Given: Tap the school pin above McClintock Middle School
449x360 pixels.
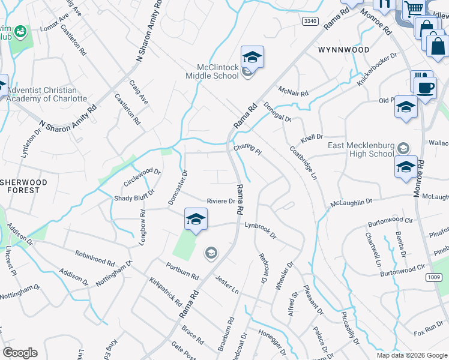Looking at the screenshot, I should point(252,58).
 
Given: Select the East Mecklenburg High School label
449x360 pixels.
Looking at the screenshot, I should point(361,149).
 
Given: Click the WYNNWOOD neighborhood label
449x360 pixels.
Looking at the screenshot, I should point(344,50).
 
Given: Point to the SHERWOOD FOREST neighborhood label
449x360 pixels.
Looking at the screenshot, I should point(20,185).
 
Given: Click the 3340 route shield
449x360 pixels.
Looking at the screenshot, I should point(310,21).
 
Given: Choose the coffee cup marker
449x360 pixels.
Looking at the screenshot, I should point(426,87).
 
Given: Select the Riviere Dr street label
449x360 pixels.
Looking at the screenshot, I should point(221,201).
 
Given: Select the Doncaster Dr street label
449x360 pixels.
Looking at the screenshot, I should point(178,187).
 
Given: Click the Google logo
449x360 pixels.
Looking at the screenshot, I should point(20,353).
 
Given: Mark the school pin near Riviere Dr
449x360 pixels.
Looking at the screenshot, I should point(196,220).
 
